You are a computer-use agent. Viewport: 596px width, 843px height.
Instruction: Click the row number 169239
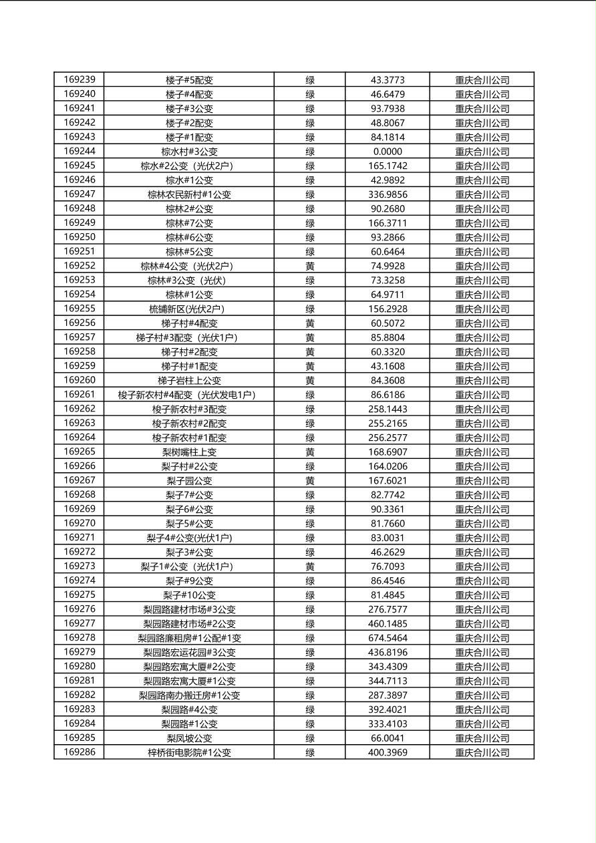[x=80, y=79]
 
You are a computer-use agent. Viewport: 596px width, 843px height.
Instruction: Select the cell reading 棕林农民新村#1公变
[x=189, y=194]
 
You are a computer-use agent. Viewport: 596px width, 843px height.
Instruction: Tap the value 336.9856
[x=388, y=194]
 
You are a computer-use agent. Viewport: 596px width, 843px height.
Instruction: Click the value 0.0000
[x=388, y=152]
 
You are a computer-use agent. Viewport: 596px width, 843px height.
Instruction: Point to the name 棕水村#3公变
[x=189, y=152]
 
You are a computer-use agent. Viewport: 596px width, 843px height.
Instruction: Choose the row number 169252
[x=80, y=266]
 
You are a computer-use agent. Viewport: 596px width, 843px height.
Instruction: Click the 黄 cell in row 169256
[x=310, y=323]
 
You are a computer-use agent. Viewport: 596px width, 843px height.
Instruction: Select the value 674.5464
[x=388, y=638]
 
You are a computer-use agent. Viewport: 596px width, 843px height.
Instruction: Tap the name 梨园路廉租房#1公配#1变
[x=189, y=638]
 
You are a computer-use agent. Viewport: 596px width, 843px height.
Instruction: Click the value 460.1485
[x=388, y=624]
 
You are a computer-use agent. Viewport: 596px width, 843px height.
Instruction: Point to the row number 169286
[x=80, y=752]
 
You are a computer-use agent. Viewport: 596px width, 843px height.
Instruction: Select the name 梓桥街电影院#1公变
[x=189, y=753]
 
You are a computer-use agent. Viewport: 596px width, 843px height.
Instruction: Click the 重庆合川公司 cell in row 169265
[x=482, y=452]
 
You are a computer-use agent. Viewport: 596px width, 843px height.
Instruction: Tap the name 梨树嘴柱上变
[x=189, y=452]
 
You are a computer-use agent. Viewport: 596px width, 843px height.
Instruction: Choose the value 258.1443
[x=388, y=409]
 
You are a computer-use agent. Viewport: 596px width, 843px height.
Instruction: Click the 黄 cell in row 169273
[x=310, y=566]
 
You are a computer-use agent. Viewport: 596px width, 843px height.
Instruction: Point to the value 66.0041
[x=388, y=738]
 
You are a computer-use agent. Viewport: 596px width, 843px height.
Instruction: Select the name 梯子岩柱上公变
[x=189, y=380]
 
